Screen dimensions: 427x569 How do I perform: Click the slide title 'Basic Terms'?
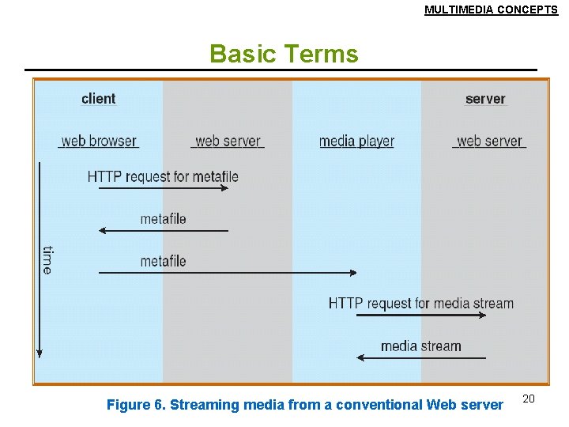(x=284, y=54)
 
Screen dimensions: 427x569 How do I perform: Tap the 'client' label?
(x=98, y=99)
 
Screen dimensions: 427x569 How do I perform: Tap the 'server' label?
(x=485, y=99)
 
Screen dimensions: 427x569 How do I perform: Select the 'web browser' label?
(x=99, y=142)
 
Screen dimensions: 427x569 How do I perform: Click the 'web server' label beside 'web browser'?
(x=228, y=142)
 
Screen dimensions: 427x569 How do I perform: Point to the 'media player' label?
(x=356, y=142)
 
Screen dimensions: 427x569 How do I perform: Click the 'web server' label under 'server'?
(x=489, y=142)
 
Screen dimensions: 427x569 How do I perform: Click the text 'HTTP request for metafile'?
(x=163, y=176)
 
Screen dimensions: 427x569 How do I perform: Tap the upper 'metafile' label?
(x=163, y=219)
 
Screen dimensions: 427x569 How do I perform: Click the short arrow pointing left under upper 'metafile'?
(x=163, y=231)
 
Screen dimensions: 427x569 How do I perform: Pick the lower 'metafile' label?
(x=163, y=261)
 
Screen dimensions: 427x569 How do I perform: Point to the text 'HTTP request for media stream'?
(x=421, y=304)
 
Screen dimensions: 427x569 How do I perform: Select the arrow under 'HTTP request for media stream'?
(x=421, y=316)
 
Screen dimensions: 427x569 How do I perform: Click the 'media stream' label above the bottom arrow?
(x=421, y=346)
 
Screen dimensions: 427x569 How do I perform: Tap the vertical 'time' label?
(x=48, y=260)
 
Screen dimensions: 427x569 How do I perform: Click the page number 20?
(x=529, y=399)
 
